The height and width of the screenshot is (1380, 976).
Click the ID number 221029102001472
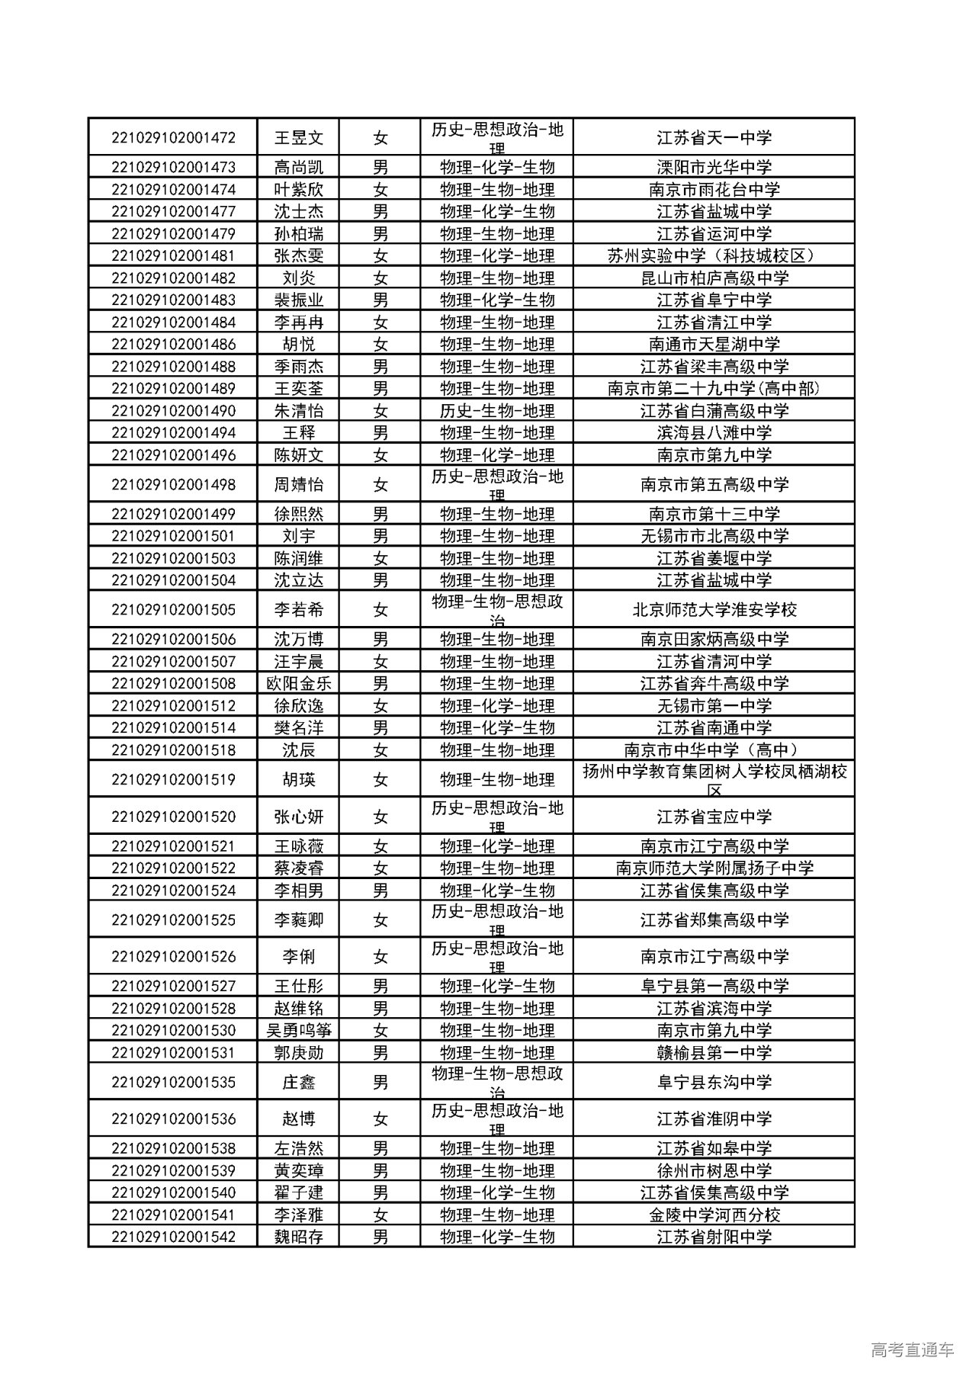[x=173, y=138]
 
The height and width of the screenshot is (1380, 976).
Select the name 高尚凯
[x=299, y=167]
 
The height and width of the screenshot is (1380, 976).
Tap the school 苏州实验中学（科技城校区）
[x=714, y=255]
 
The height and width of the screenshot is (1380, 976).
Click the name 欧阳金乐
[x=299, y=683]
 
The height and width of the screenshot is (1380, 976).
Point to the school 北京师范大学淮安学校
[x=714, y=610]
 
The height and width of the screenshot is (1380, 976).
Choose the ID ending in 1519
[x=173, y=779]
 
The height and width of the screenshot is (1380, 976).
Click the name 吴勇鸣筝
[x=299, y=1030]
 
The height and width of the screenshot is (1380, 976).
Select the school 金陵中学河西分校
[x=714, y=1215]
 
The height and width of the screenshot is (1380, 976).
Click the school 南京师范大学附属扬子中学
[x=714, y=868]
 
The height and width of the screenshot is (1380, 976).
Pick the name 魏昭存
[x=299, y=1237]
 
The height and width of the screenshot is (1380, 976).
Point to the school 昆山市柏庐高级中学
[x=714, y=278]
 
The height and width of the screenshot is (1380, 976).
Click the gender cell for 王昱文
[x=380, y=138]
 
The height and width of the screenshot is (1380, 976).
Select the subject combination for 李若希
[x=497, y=610]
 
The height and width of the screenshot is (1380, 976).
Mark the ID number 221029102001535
[x=173, y=1082]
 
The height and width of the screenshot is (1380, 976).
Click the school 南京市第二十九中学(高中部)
[x=714, y=388]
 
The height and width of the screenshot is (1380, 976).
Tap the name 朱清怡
[x=299, y=410]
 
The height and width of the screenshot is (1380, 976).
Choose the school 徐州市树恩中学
[x=714, y=1170]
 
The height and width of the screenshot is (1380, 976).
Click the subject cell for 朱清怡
[x=497, y=410]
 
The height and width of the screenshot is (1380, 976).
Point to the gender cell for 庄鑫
[x=380, y=1082]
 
